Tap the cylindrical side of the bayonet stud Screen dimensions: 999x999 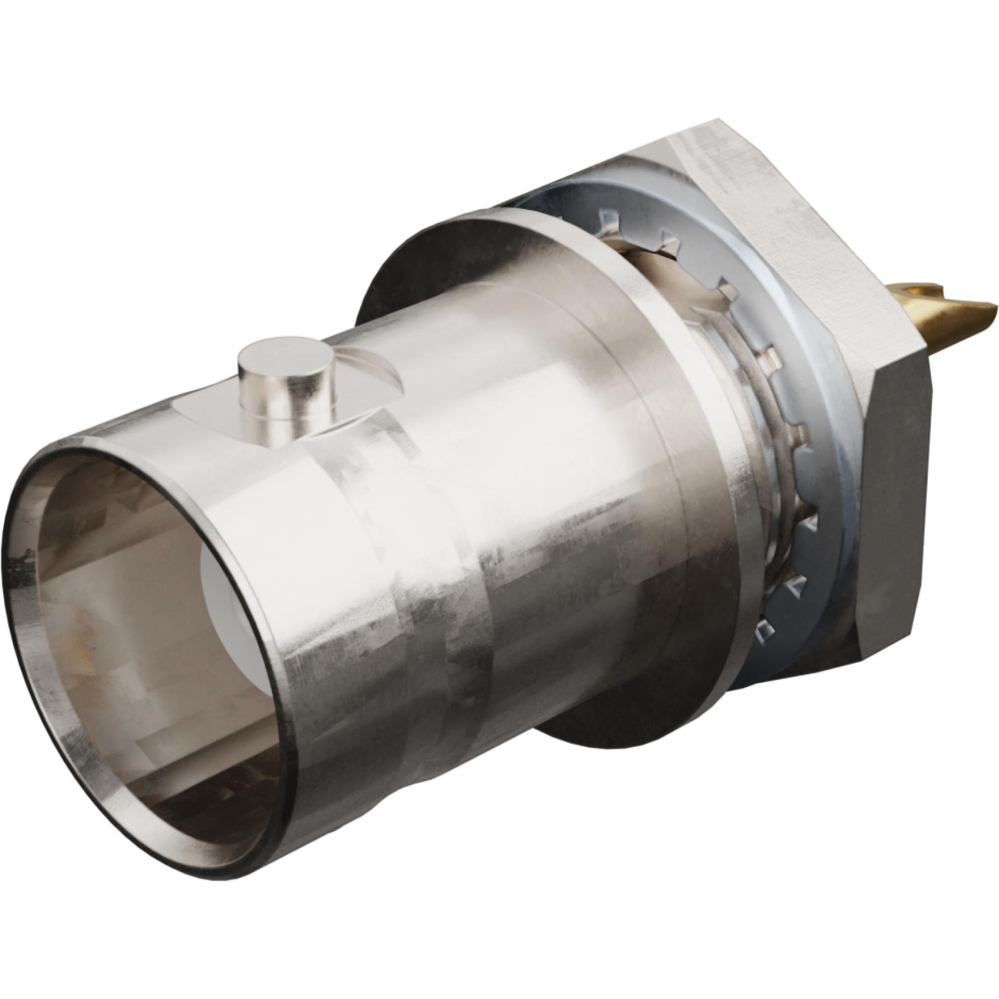(x=286, y=402)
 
